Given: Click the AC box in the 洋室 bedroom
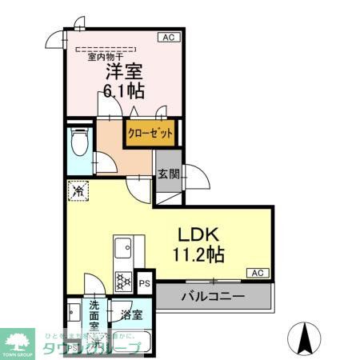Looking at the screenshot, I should coord(169,37).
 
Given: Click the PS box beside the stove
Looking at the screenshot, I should coord(145,283).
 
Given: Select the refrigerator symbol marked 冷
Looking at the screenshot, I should coord(78,192).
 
